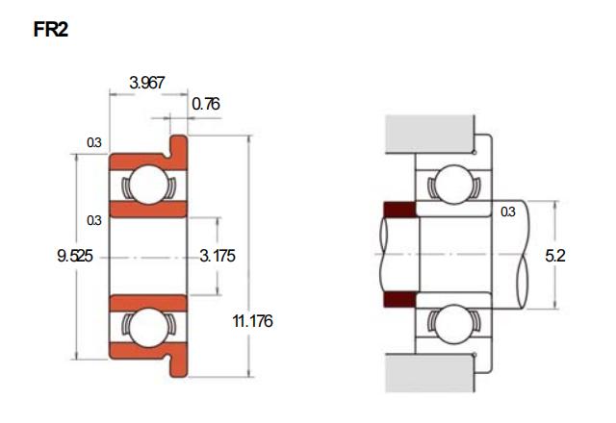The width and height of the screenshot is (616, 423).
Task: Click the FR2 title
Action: pos(51,30)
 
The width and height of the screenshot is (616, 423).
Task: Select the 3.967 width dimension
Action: pos(147,83)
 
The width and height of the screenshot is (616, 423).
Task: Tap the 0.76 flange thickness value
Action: pos(206,104)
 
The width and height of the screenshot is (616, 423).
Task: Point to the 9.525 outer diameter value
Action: pos(75,256)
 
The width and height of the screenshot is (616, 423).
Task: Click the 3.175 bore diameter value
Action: pos(218,256)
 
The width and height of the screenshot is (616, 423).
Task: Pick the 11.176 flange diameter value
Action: pos(252,321)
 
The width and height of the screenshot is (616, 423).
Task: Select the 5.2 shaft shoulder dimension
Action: pos(555,256)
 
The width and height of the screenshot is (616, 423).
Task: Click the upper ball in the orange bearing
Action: pos(148,185)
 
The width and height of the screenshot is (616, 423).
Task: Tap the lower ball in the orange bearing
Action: pos(148,328)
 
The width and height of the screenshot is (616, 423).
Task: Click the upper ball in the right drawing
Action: pos(453,185)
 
